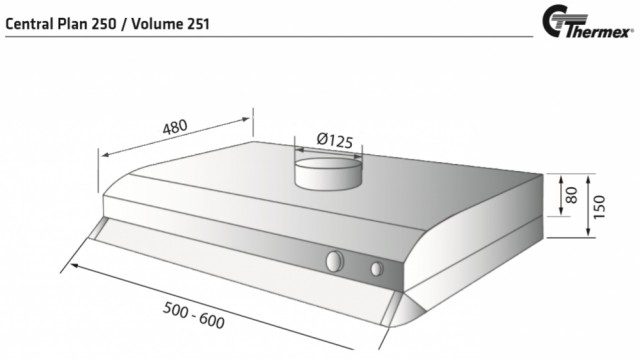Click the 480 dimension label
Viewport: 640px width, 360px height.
click(175, 127)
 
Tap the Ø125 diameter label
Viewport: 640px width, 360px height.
click(334, 140)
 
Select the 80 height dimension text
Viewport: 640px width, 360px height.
click(572, 195)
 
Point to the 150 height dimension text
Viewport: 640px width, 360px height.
click(599, 207)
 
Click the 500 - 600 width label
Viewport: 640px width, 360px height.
click(194, 315)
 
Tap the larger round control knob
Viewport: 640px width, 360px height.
click(335, 261)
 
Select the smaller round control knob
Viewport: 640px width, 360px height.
click(377, 269)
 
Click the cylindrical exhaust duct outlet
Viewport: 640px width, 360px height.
click(329, 174)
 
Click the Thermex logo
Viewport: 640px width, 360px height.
click(588, 22)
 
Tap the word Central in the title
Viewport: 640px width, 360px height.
click(29, 24)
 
